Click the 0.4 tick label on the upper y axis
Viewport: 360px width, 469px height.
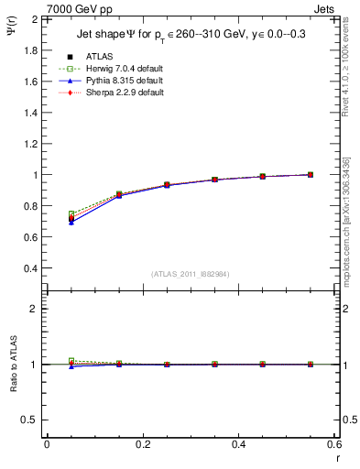coord(31,268)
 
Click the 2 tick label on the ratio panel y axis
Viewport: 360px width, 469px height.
coord(36,309)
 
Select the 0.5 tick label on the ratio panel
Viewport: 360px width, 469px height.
coord(31,420)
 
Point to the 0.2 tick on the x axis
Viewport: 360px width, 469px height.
coord(142,443)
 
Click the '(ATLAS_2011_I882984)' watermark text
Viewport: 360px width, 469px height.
coord(190,273)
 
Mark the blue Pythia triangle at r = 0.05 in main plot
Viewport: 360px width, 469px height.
coord(71,223)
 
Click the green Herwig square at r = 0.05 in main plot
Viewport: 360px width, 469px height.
coord(71,213)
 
